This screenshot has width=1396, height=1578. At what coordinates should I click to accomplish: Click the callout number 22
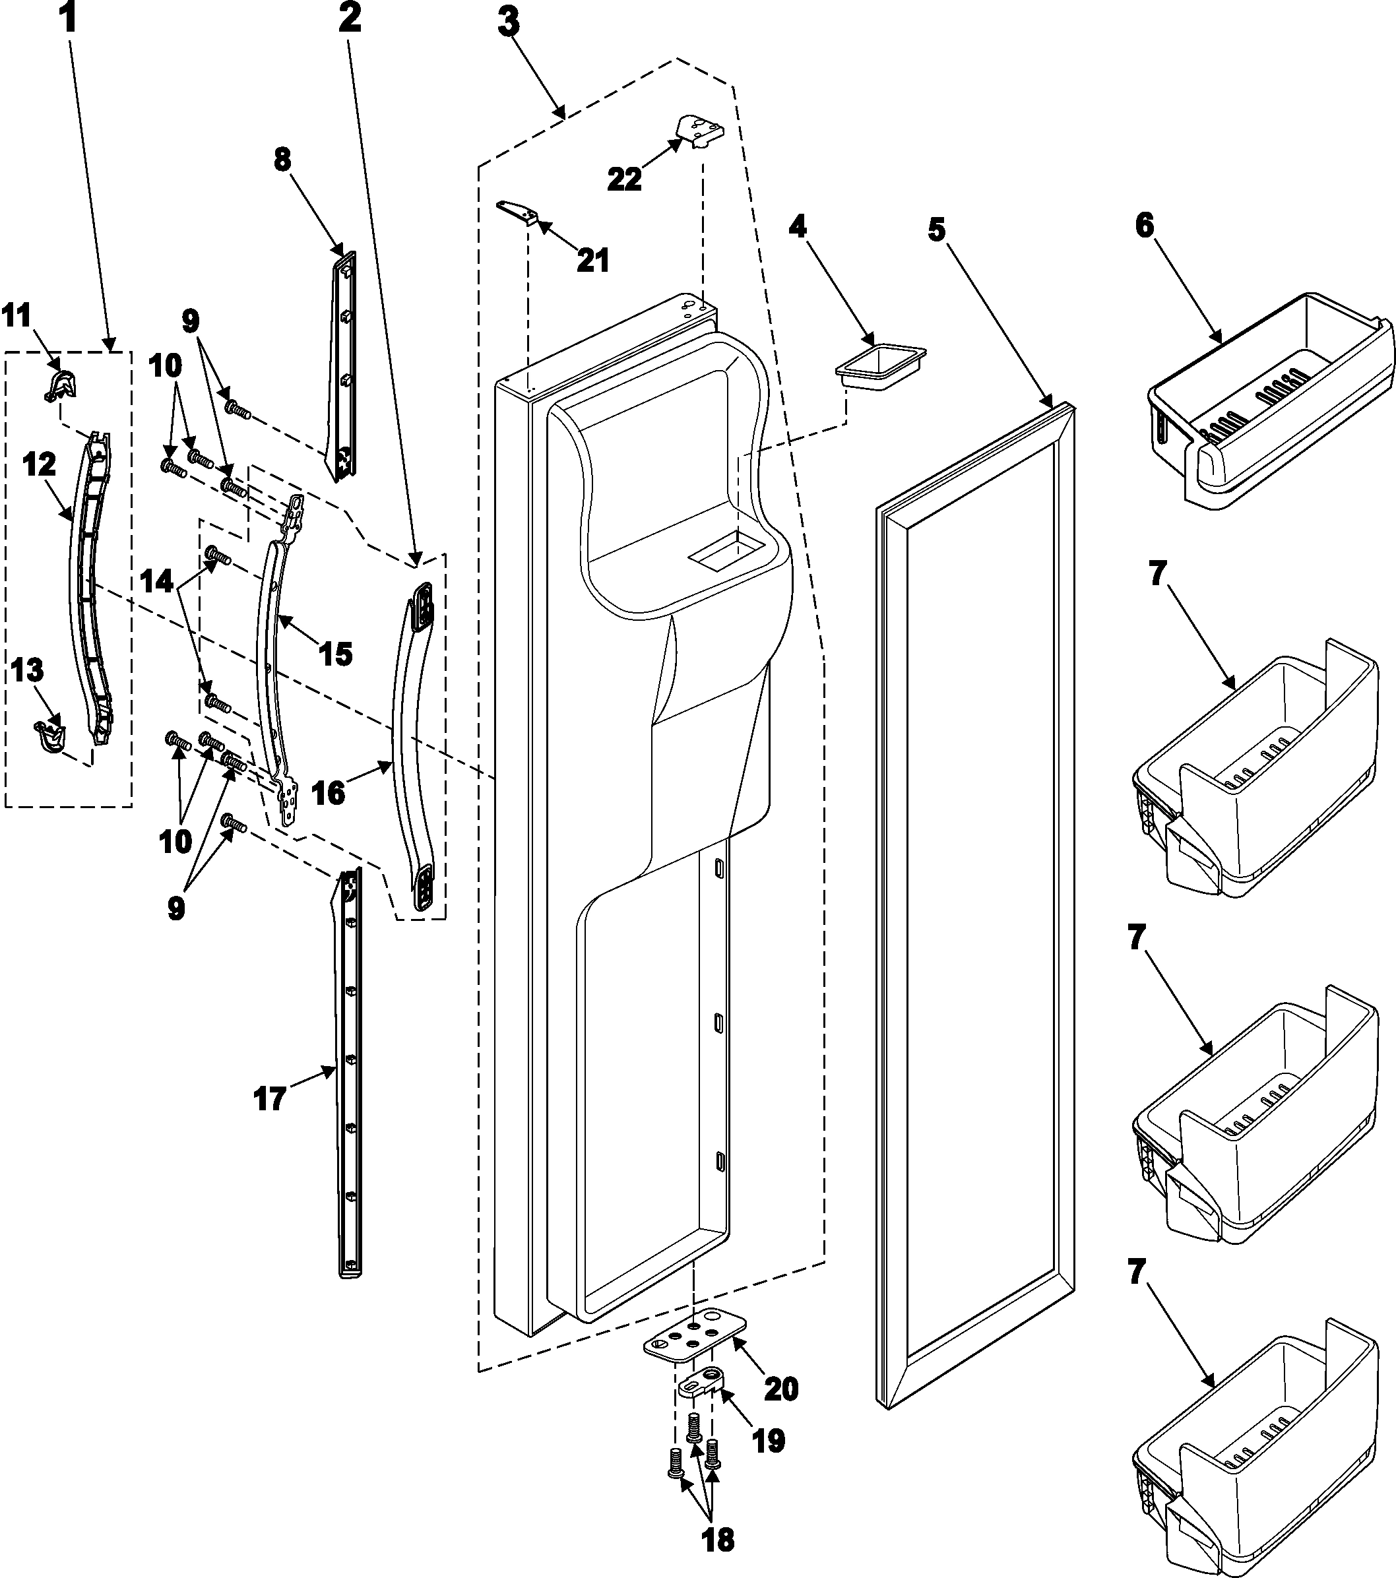point(624,178)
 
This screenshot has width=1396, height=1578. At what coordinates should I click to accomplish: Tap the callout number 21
point(593,260)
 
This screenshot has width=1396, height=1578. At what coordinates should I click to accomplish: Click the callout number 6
point(1143,225)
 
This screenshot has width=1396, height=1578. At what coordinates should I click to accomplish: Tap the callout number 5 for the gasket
point(937,230)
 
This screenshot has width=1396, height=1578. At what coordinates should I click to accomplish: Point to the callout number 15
point(336,653)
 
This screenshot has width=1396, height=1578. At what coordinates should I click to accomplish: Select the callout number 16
point(330,792)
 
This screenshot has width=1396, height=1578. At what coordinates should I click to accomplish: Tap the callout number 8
point(282,160)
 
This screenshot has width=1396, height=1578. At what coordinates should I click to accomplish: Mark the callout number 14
point(158,581)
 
